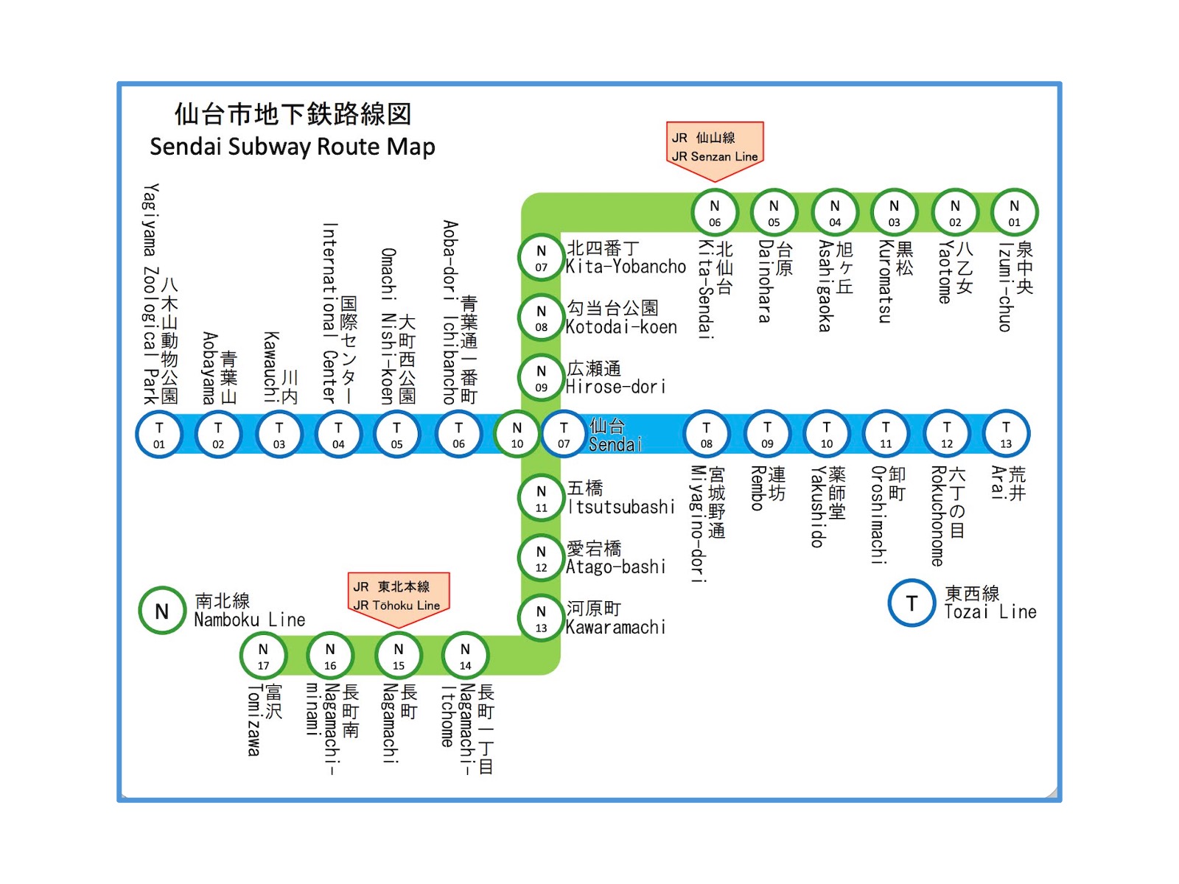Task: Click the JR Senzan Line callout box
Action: click(x=714, y=152)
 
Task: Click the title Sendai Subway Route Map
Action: click(x=293, y=147)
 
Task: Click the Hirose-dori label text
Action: click(x=616, y=387)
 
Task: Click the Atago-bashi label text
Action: click(x=616, y=566)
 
